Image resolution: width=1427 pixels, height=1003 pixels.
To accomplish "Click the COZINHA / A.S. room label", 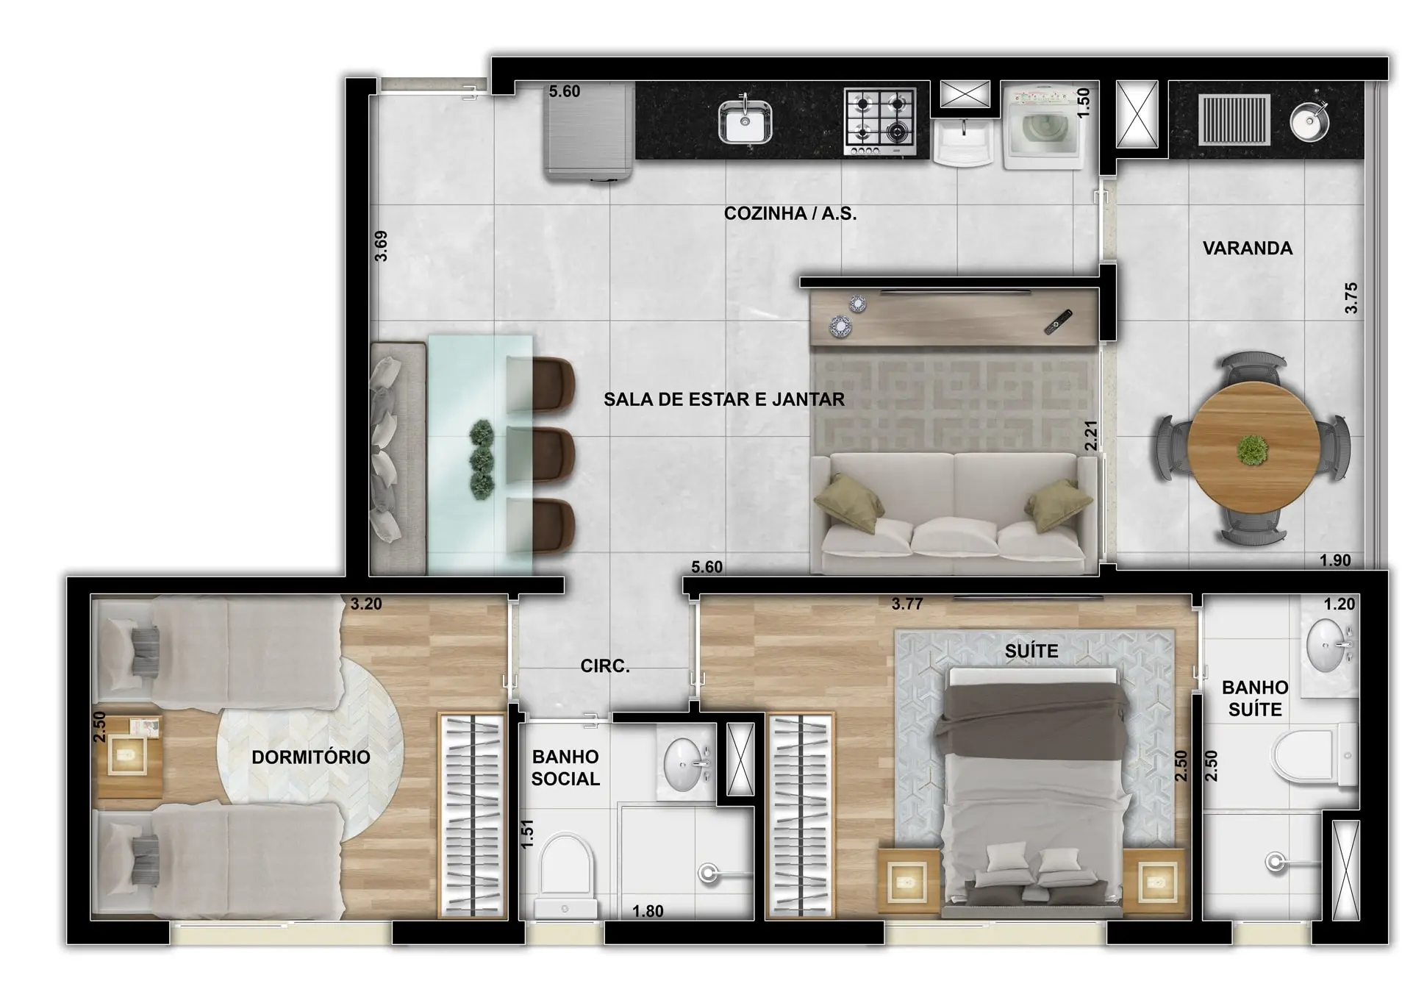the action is (790, 214).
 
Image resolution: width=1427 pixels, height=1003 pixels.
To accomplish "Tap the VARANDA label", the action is (1248, 249).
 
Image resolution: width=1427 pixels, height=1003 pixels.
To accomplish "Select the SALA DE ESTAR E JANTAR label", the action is (724, 399).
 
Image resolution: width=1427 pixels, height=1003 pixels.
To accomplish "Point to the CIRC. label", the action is (605, 666).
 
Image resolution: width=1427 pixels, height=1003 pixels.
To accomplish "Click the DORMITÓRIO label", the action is (311, 757).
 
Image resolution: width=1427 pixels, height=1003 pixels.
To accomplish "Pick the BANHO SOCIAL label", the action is (565, 768).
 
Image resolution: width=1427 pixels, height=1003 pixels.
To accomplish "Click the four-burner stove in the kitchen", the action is (880, 122).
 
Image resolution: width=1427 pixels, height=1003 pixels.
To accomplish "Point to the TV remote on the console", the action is (1058, 322).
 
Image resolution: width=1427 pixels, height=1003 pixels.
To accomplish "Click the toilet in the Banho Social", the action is (565, 875).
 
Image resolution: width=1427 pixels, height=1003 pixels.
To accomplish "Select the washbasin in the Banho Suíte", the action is (1328, 646).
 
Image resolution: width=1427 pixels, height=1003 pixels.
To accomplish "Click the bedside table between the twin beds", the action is (129, 755).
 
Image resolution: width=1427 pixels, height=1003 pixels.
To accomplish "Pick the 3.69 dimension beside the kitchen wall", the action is (381, 246).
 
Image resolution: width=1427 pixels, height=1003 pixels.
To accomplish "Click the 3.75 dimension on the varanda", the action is (1351, 299).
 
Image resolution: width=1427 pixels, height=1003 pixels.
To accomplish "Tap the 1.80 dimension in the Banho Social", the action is (648, 912).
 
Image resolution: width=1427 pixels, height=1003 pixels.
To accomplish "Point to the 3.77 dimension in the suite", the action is (907, 604).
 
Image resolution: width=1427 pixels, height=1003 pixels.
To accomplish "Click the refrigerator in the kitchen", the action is (589, 131).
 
